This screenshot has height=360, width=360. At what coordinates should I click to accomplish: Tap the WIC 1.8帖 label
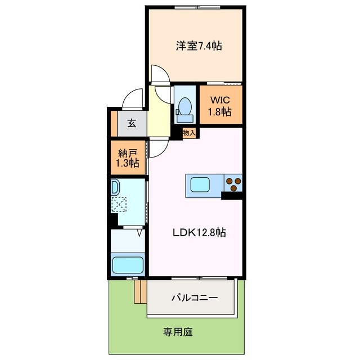(x=220, y=106)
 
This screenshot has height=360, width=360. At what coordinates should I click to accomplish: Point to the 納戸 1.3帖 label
(x=128, y=157)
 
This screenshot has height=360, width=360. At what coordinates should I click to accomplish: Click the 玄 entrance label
(x=131, y=123)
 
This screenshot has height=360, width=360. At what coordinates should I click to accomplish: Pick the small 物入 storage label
(x=189, y=133)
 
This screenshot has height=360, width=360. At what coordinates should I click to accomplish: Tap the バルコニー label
(x=194, y=298)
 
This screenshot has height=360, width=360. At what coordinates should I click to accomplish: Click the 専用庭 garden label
(x=179, y=332)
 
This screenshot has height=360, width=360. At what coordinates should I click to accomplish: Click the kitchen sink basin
(x=200, y=184)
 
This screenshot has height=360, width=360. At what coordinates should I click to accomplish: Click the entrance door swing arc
(x=133, y=99)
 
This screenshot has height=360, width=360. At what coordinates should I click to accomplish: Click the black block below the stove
(x=232, y=195)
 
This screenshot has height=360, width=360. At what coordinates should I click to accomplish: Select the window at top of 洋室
(x=196, y=7)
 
